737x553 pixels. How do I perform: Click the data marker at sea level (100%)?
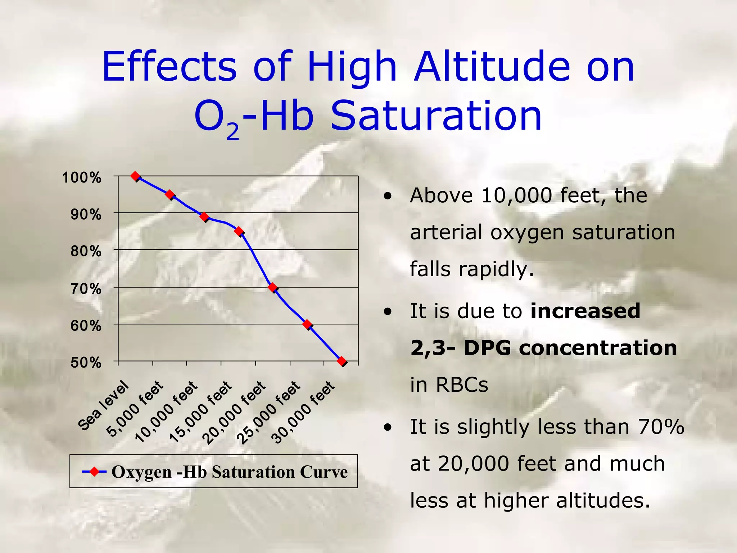click(135, 176)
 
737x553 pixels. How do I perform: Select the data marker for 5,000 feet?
click(170, 194)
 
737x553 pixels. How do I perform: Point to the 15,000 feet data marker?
click(239, 231)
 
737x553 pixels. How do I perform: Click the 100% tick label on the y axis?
click(82, 177)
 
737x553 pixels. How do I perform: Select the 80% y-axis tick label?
click(86, 251)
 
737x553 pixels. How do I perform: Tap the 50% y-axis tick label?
click(86, 363)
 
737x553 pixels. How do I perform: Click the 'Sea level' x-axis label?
click(103, 405)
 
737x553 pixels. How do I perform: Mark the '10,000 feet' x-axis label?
click(166, 412)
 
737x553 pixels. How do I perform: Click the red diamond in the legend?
click(94, 471)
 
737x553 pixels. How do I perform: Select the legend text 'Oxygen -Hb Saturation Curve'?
click(230, 472)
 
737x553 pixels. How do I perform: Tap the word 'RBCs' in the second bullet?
click(462, 385)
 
